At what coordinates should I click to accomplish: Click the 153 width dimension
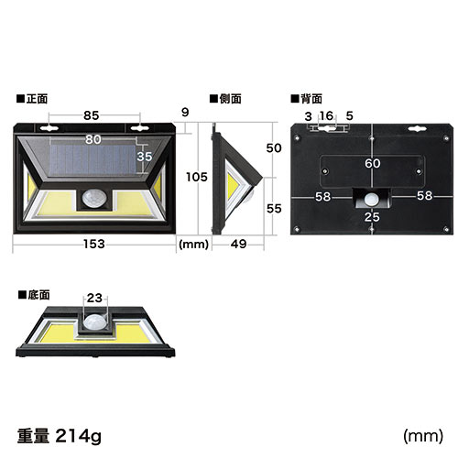tap(93, 243)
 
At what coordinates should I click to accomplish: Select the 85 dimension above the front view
tap(93, 115)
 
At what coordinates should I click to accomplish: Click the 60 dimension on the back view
tap(372, 163)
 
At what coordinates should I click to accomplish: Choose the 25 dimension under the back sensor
tap(371, 216)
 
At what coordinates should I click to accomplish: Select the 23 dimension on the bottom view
tap(95, 298)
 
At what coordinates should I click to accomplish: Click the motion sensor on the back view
tap(371, 198)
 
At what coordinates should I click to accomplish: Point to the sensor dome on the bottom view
tap(94, 322)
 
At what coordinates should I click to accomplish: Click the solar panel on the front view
tap(87, 160)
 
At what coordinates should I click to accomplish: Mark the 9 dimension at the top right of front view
tap(186, 111)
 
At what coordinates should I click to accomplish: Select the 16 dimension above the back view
tap(327, 116)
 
